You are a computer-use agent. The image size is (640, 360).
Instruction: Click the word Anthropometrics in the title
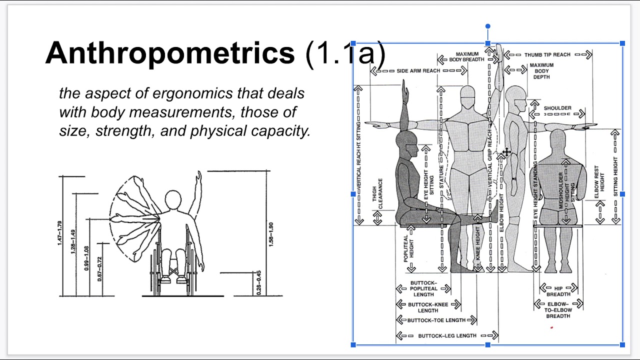tap(170, 53)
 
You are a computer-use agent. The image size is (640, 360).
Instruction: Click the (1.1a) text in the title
tap(345, 53)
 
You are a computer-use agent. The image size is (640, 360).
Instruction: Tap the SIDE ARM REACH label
tap(418, 71)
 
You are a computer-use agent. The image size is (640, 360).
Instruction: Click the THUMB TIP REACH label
tap(547, 54)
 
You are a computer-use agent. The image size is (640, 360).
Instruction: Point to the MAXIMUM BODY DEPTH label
tap(541, 71)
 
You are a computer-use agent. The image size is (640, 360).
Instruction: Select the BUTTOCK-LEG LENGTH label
tap(447, 335)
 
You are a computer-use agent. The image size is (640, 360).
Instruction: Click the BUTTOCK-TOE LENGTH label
tap(436, 320)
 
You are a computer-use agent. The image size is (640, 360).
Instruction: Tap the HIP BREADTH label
tap(558, 291)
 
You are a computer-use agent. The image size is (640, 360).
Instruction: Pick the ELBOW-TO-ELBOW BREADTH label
tap(558, 310)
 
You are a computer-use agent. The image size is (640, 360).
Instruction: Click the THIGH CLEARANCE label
tap(377, 193)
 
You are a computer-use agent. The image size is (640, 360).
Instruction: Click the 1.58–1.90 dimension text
tap(270, 233)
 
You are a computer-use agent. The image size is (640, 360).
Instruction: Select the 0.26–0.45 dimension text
tap(258, 282)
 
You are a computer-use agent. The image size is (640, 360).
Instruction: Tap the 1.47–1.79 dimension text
tap(60, 232)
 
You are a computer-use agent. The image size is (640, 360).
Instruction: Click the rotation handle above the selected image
tap(487, 26)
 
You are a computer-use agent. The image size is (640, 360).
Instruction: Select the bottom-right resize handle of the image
tap(622, 344)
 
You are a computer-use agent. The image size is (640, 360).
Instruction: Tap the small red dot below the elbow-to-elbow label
tap(551, 328)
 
